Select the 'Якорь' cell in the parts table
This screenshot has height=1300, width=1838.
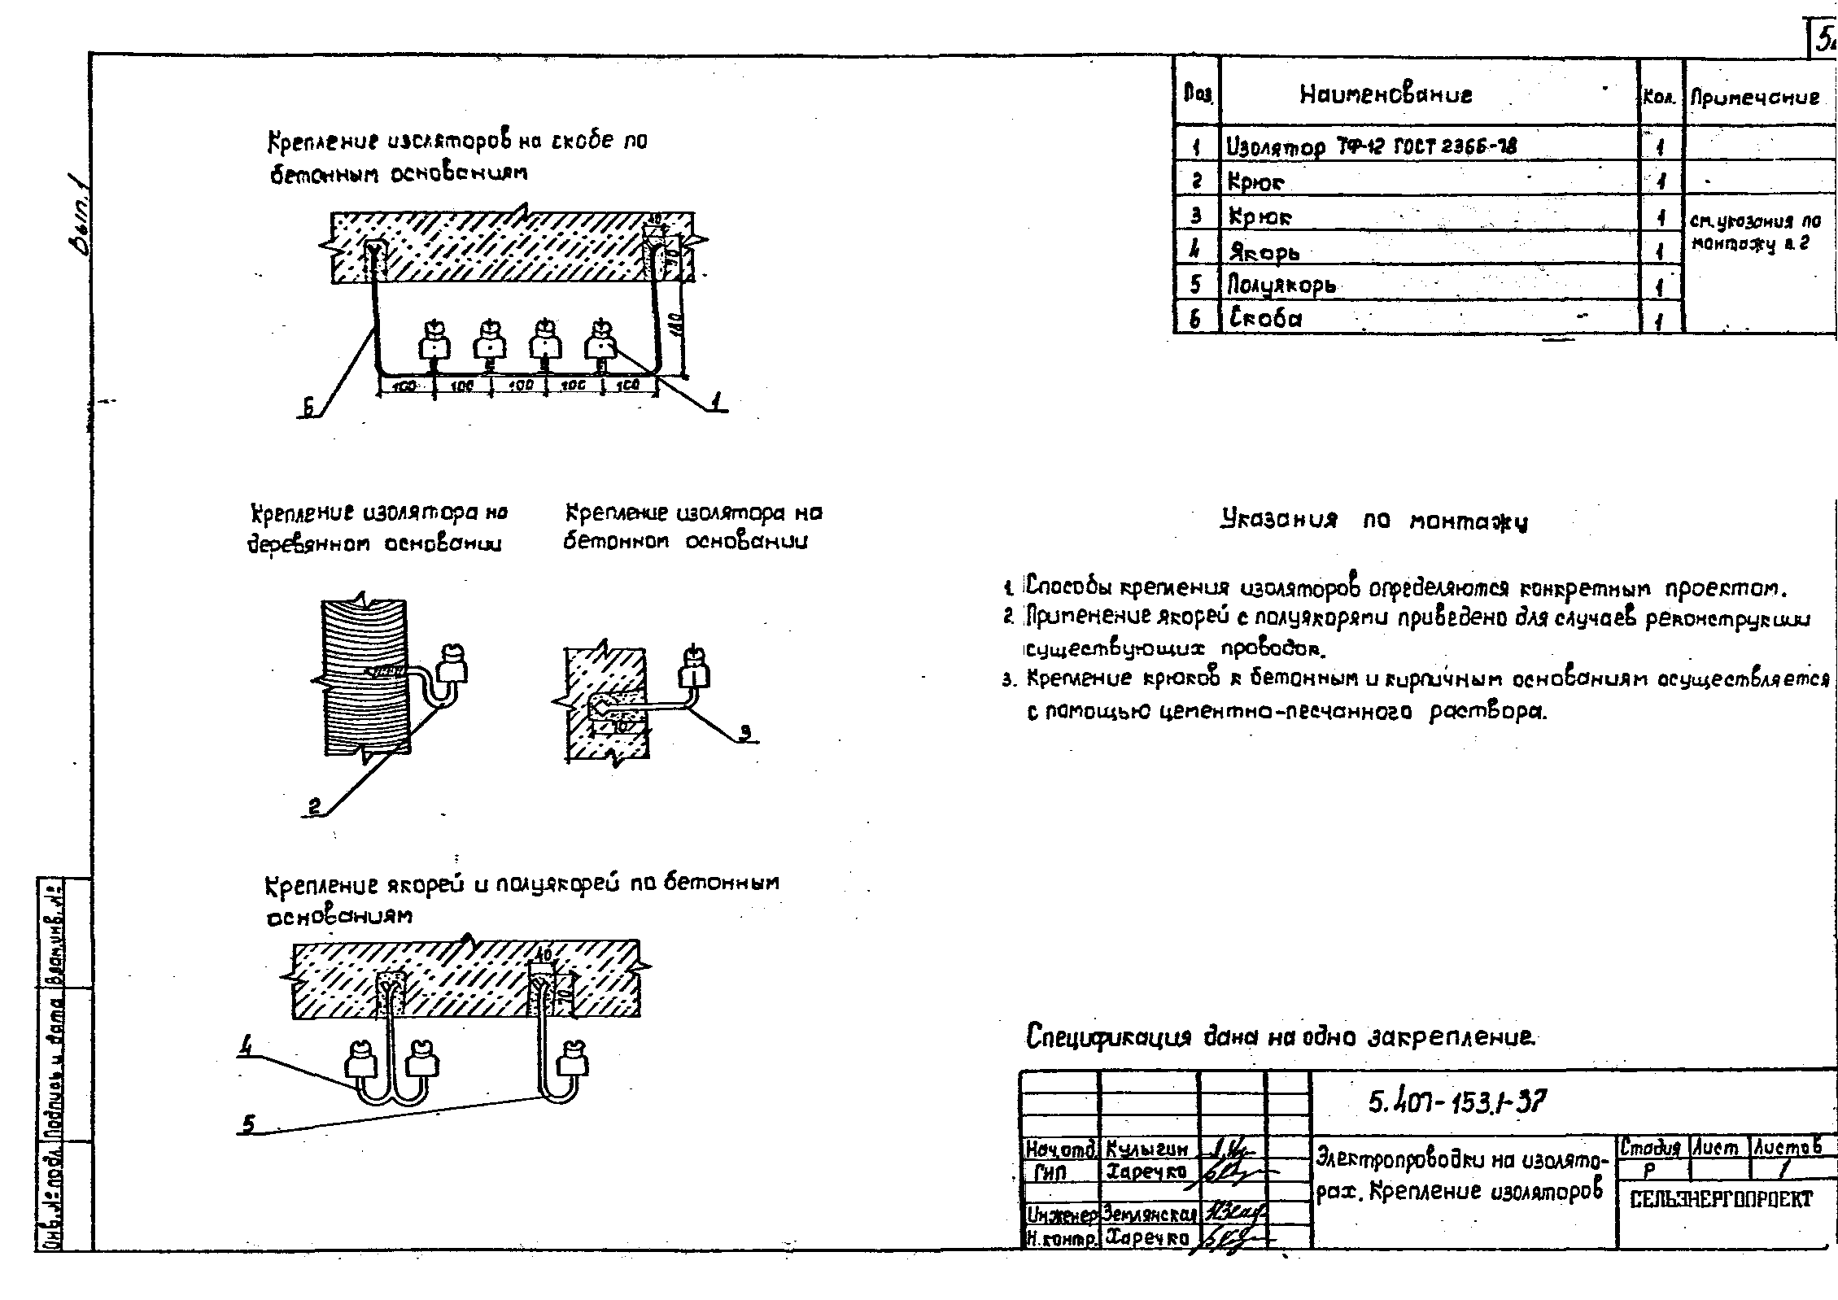pyautogui.click(x=1264, y=251)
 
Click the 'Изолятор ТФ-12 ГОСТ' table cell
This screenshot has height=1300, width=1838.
pyautogui.click(x=1370, y=146)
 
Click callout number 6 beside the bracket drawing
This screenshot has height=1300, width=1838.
pyautogui.click(x=308, y=409)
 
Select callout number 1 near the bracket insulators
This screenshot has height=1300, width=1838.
pyautogui.click(x=715, y=401)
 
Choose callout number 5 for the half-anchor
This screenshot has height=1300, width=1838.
pyautogui.click(x=248, y=1124)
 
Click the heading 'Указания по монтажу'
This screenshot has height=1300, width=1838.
pyautogui.click(x=1374, y=521)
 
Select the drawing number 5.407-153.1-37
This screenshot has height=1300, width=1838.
pyautogui.click(x=1456, y=1102)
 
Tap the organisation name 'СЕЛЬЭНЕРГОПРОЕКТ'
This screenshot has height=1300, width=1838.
pyautogui.click(x=1722, y=1199)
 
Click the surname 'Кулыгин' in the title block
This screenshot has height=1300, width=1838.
pyautogui.click(x=1147, y=1149)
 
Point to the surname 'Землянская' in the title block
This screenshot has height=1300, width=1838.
pyautogui.click(x=1149, y=1215)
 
